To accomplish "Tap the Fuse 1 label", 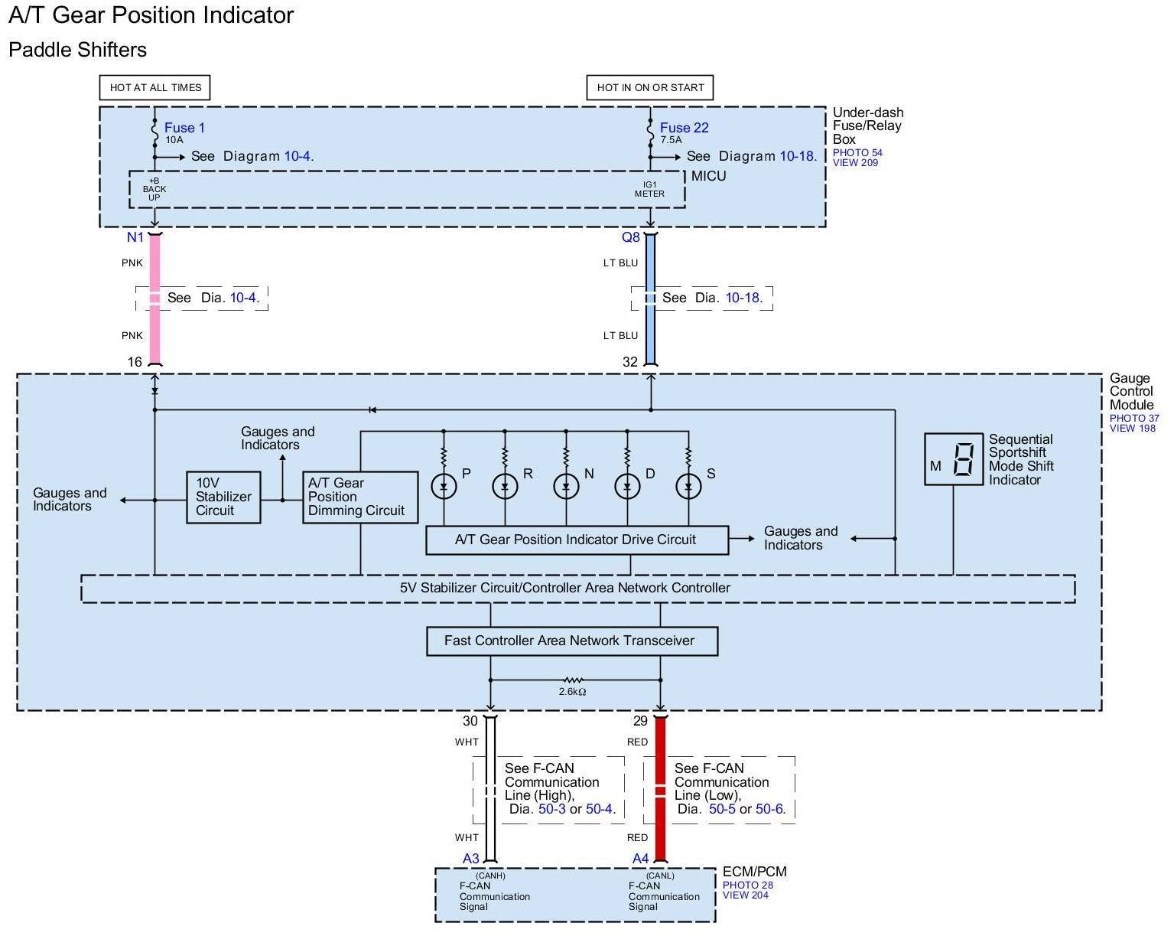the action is click(184, 128).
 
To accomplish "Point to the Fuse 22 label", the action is click(684, 128).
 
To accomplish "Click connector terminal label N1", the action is click(135, 237).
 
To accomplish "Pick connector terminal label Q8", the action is click(631, 237).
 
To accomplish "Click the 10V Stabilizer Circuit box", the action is click(223, 497).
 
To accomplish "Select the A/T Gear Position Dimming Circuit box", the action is click(360, 497).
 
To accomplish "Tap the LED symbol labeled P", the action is click(444, 486).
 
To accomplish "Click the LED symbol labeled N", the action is click(566, 486).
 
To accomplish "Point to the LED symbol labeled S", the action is click(688, 486).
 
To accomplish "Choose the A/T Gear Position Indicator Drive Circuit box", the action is click(577, 540).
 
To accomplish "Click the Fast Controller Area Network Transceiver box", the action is click(572, 641).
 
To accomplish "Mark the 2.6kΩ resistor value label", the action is click(572, 691).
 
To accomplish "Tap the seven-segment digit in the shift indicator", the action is click(964, 459).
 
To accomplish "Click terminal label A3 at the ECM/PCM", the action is click(471, 859).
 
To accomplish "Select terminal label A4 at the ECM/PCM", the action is click(640, 859).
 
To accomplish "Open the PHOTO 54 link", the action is click(857, 152).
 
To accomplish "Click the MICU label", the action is click(709, 176).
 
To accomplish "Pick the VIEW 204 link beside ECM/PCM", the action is click(745, 895).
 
